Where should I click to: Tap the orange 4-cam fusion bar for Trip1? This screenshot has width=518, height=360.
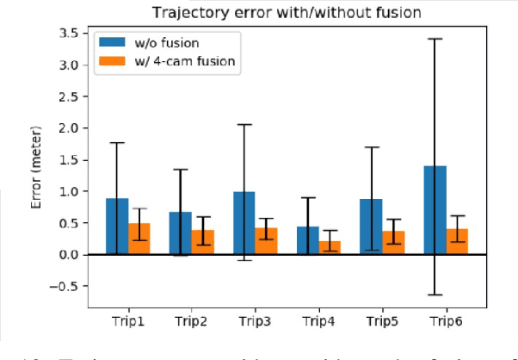click(x=139, y=239)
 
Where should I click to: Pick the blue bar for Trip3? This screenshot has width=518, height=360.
click(x=244, y=223)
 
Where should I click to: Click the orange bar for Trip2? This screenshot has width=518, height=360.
click(x=202, y=242)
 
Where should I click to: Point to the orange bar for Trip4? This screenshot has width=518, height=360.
click(x=329, y=247)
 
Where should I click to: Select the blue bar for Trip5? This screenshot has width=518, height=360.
click(x=371, y=227)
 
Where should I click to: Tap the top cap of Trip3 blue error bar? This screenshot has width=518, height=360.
click(x=244, y=124)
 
